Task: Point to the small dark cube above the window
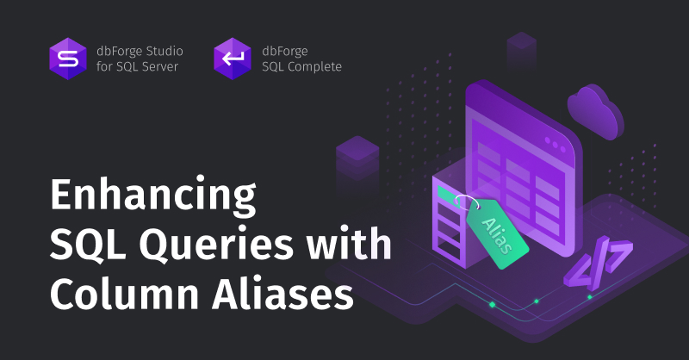[522, 47]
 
